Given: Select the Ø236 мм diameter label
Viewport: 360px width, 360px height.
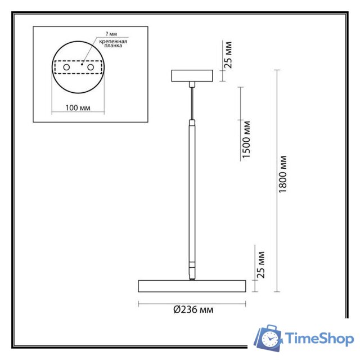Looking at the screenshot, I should pyautogui.click(x=193, y=309).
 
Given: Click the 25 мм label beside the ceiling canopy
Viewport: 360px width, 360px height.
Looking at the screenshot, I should pyautogui.click(x=228, y=55).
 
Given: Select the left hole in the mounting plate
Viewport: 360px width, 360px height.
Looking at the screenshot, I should pyautogui.click(x=67, y=67).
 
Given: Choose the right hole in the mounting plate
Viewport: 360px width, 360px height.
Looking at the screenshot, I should pyautogui.click(x=90, y=67).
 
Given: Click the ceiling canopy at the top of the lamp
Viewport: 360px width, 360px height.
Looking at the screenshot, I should pyautogui.click(x=192, y=75).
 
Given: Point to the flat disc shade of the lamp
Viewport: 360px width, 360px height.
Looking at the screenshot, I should pyautogui.click(x=192, y=285).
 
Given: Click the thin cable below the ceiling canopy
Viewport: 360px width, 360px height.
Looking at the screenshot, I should pyautogui.click(x=192, y=101).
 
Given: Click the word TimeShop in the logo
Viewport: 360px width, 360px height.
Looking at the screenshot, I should pyautogui.click(x=319, y=339).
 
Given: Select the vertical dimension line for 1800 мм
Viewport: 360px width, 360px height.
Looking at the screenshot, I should pyautogui.click(x=276, y=180).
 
